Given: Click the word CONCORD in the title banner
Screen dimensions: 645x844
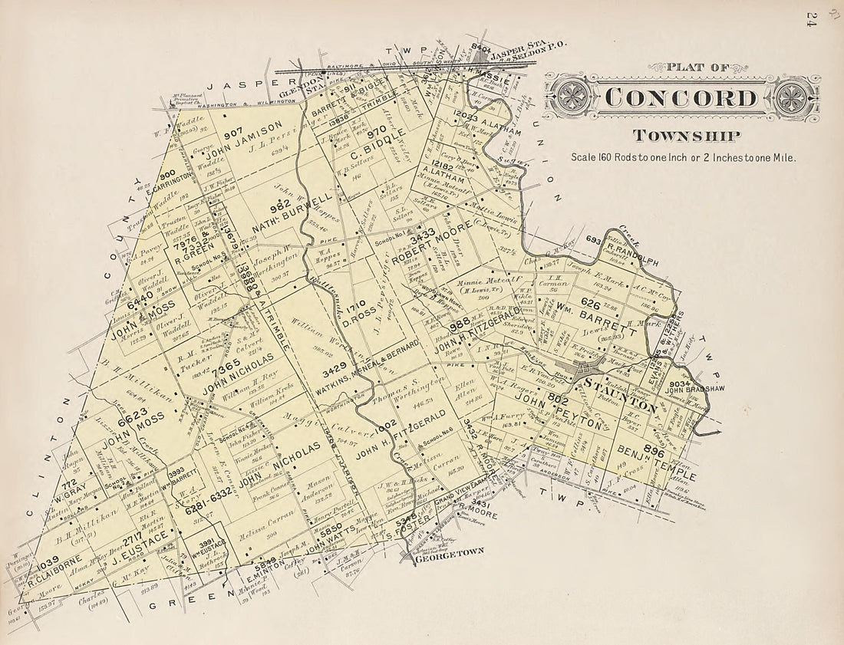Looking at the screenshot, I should point(681,98).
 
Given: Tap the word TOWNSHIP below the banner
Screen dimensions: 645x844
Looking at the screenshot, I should point(686,137).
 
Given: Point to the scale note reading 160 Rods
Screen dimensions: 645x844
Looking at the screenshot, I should point(683,157).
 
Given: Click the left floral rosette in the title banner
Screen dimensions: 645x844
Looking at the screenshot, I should point(572,98).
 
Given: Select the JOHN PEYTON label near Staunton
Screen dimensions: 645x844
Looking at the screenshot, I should point(559,412).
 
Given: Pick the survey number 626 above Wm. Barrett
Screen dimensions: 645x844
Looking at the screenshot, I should point(590,304).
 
